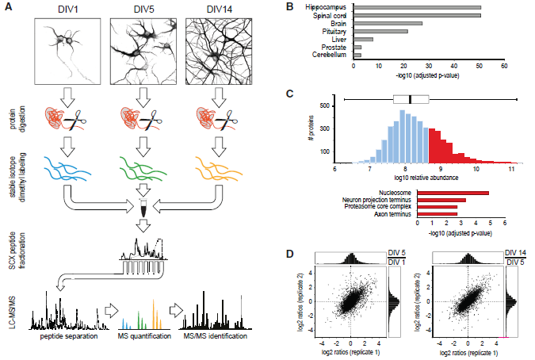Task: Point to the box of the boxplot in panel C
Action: [x=411, y=99]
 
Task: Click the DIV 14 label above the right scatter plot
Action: [x=517, y=254]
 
